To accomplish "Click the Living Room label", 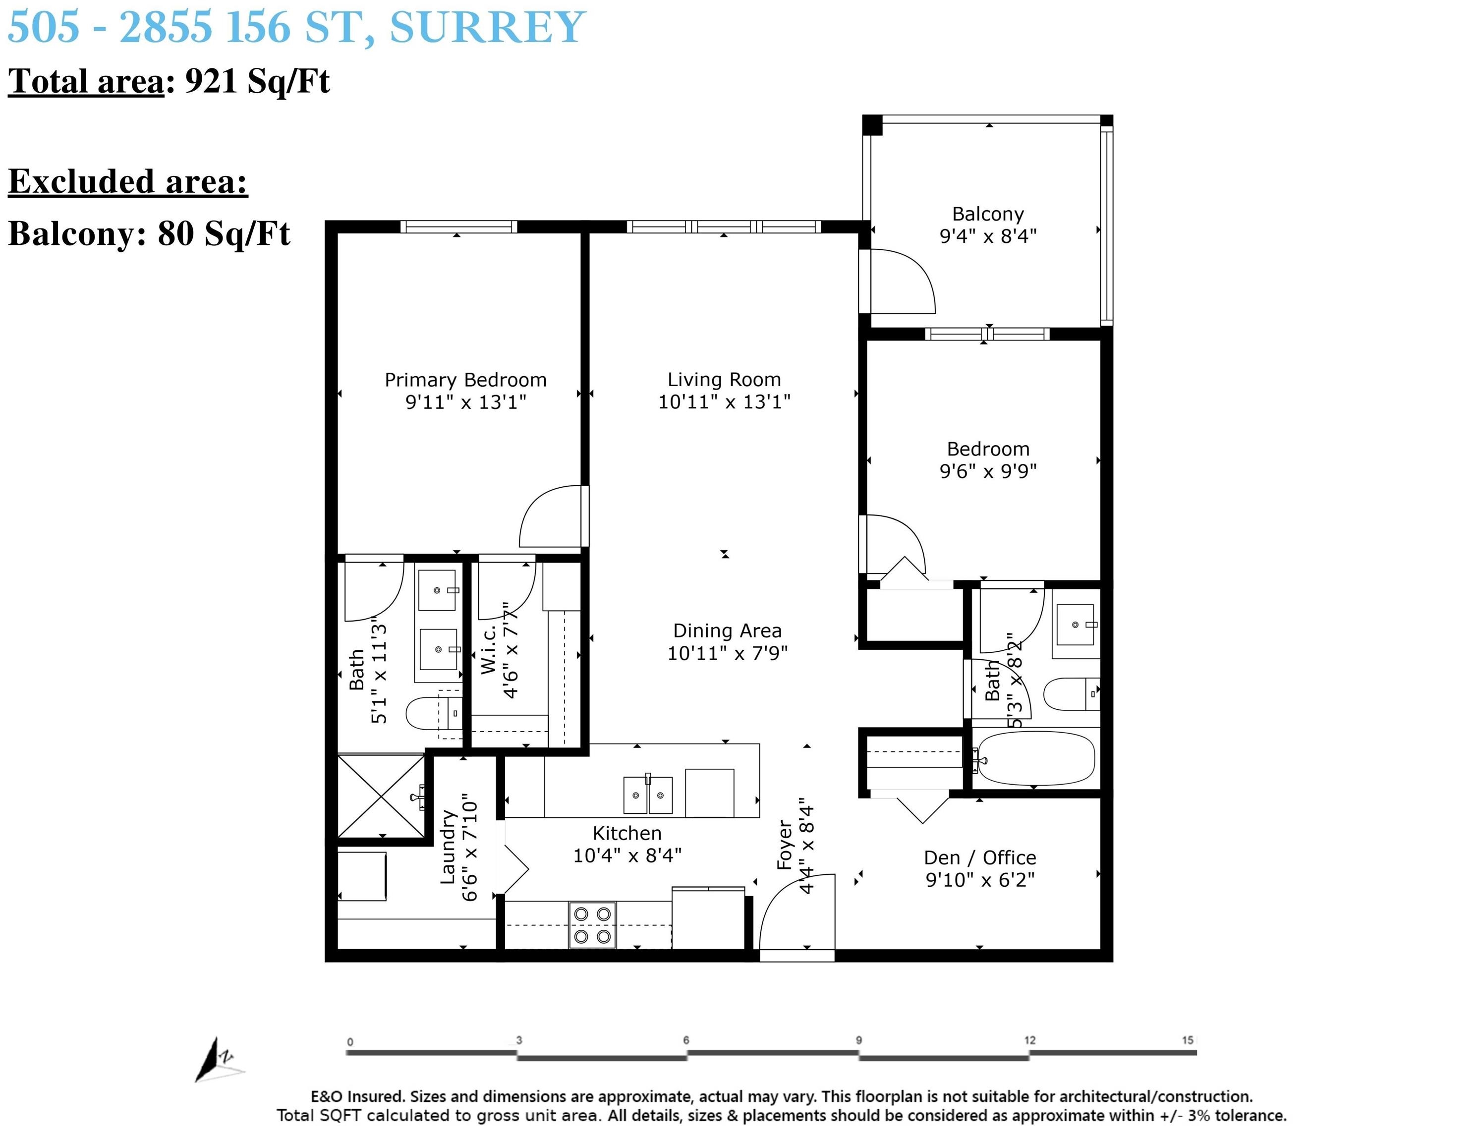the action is click(724, 380).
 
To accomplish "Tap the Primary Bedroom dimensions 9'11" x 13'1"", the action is click(465, 402).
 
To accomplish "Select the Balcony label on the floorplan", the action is click(988, 214).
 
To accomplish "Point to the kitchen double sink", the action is click(648, 794).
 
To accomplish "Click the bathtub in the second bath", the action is click(1035, 759).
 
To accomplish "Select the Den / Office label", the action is click(980, 857).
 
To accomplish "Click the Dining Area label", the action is click(728, 631).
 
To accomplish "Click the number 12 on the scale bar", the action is click(1029, 1040).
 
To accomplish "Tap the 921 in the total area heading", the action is click(211, 81).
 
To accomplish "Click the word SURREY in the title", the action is click(487, 27).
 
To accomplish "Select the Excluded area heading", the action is click(128, 181).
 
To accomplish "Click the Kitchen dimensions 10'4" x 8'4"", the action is click(627, 856).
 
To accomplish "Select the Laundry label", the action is click(448, 847).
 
